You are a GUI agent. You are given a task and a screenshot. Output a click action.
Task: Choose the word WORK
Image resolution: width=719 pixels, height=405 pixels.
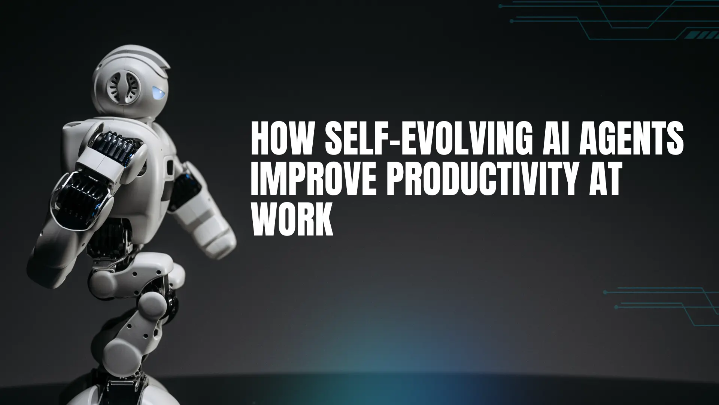click(x=292, y=222)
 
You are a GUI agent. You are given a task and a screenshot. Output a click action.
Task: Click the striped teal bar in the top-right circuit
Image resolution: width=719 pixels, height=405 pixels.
click(x=701, y=35)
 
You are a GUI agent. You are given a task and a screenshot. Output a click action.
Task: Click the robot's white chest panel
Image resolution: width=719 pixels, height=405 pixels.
click(x=157, y=157)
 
